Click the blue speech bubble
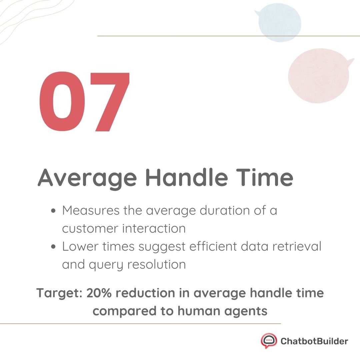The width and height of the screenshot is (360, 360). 279,22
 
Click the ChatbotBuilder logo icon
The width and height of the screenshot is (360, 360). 269,341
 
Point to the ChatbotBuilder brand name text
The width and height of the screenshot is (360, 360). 314,341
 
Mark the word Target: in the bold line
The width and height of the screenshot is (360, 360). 60,293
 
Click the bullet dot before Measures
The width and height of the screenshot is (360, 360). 54,211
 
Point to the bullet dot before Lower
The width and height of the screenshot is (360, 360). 54,247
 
